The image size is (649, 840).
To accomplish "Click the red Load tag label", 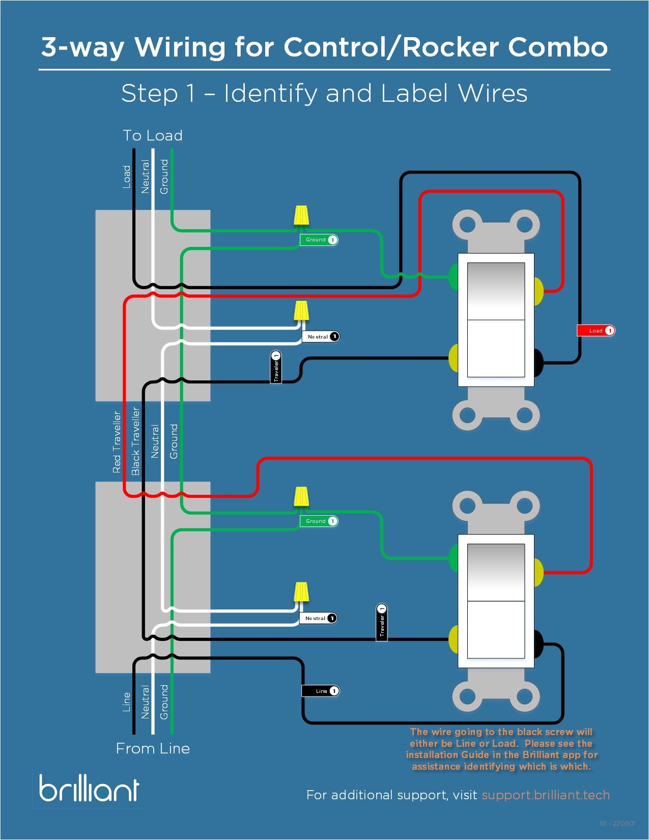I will pos(596,331).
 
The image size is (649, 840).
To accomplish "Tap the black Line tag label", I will pos(320,691).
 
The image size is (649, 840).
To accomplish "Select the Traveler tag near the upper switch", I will pos(276,367).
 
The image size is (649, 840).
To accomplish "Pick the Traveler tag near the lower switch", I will pos(382,622).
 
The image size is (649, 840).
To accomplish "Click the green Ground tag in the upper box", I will pos(319,240).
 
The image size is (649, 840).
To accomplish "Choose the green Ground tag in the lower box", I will pos(319,521).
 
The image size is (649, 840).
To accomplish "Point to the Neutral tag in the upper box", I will pos(321,337).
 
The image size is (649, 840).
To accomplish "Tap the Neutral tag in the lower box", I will pos(318,618).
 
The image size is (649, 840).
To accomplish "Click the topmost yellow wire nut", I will pos(301,215).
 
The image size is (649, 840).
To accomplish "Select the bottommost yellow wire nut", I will pos(302,592).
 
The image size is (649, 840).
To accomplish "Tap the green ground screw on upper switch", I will pos(454,276).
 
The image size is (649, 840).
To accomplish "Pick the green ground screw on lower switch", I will pos(454,557).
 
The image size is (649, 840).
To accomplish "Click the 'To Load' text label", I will pos(153,135).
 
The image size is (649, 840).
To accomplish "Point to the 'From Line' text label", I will pos(153,748).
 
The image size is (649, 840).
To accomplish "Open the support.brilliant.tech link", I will pos(545,795).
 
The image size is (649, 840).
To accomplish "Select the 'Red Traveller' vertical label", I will pos(117,442).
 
